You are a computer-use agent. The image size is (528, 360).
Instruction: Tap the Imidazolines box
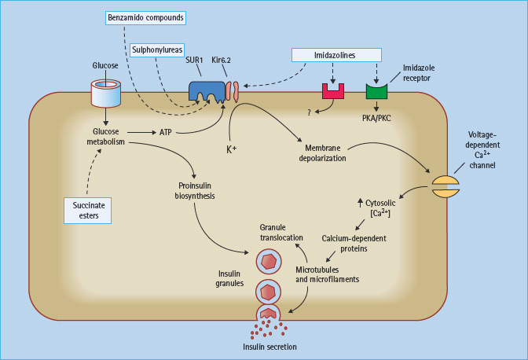(x=336, y=54)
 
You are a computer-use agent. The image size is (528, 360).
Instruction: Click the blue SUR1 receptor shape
(x=205, y=90)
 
